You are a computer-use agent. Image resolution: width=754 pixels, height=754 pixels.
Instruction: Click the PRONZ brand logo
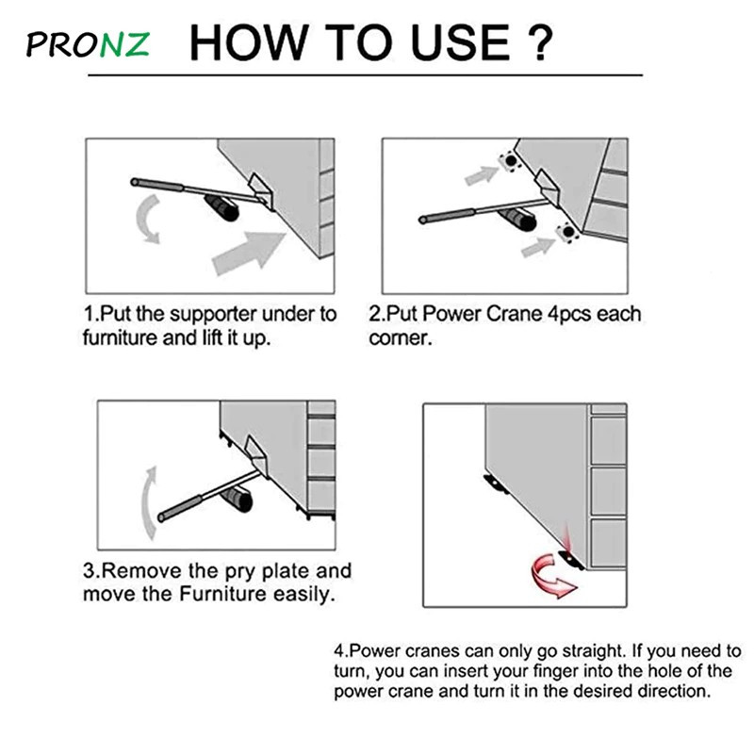88,44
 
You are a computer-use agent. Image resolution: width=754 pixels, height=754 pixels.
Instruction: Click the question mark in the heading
537,42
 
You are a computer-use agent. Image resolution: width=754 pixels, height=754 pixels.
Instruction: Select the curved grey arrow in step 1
149,219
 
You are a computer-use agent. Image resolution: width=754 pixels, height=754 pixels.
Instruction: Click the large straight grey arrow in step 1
249,253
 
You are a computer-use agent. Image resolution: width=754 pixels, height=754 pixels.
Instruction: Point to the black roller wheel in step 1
222,208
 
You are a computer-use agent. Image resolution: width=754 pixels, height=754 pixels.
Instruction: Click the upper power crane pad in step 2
510,160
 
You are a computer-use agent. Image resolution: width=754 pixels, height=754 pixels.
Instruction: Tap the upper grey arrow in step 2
482,174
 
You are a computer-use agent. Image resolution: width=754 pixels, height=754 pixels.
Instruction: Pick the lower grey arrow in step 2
538,247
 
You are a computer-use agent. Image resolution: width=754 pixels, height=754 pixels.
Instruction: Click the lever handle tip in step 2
422,221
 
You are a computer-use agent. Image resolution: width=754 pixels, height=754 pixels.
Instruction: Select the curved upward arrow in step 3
150,502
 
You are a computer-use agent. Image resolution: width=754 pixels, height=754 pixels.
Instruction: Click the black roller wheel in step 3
238,500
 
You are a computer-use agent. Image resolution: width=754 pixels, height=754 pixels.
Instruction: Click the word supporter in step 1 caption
210,315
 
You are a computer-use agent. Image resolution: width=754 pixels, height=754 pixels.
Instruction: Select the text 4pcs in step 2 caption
569,315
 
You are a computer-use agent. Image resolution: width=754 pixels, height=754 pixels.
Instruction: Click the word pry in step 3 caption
240,572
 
